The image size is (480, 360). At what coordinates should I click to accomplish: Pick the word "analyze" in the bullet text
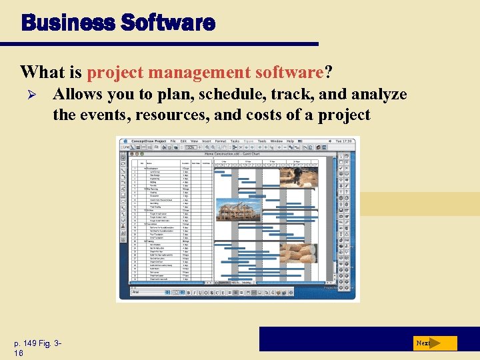coord(377,95)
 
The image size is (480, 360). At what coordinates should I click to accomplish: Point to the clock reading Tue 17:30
coord(347,141)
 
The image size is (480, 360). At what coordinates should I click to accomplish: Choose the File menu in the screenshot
coord(173,141)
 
